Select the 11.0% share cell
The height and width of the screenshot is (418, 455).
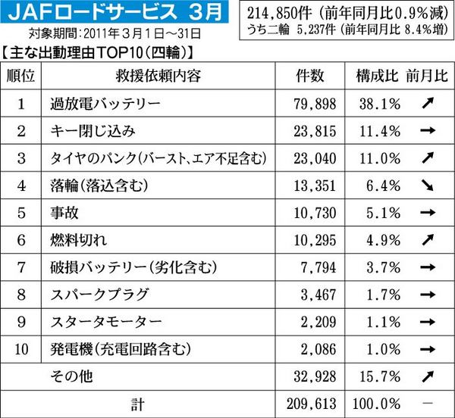coord(378,158)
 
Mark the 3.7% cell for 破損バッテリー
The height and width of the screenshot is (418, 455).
coord(378,267)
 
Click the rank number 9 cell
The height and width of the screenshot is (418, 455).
coord(22,321)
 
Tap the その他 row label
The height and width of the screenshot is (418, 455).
coord(70,376)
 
